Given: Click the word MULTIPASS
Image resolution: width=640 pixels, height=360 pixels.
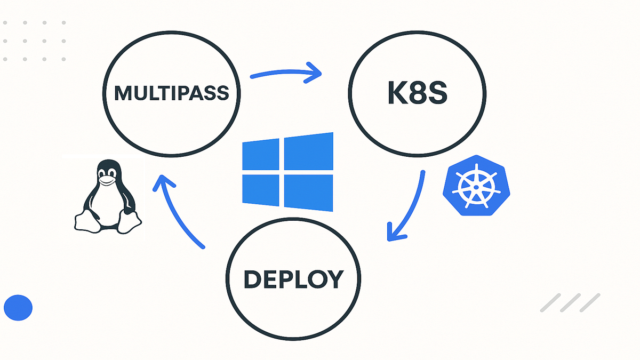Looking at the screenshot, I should point(171,93).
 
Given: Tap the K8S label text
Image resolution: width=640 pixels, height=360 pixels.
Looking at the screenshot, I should point(417,93).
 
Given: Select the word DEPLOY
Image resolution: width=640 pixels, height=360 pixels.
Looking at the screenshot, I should point(293,279).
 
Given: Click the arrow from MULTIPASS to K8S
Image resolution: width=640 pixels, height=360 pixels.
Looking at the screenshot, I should point(285,71).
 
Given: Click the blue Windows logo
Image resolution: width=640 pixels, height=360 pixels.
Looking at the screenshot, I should point(287,172).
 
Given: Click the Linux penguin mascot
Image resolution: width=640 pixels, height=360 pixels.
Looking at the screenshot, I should point(108,197).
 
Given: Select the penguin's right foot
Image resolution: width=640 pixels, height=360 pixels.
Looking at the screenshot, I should point(129,221).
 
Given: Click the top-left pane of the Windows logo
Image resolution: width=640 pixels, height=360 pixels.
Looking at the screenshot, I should point(261,155).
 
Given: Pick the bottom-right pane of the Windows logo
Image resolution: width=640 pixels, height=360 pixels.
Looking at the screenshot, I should point(308,193).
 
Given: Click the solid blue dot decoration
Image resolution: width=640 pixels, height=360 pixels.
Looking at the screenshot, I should point(18,308).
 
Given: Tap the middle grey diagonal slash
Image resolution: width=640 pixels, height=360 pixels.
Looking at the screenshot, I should point(570,302).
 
